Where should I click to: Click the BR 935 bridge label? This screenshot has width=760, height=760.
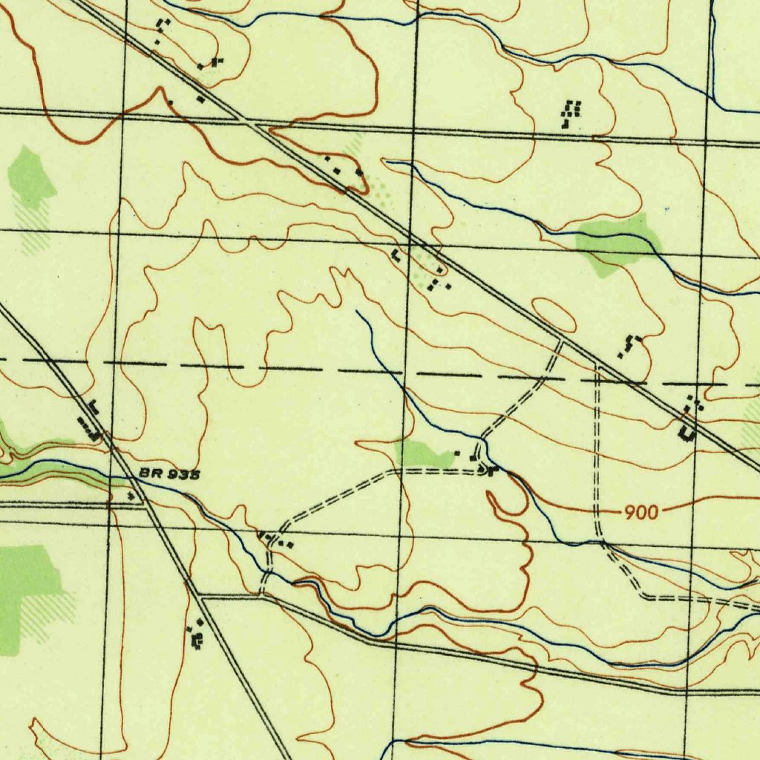click(169, 474)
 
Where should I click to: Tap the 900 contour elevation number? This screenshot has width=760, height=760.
click(640, 511)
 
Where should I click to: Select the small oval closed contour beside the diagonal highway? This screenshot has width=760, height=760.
click(554, 315)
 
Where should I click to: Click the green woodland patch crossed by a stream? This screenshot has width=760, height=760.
click(617, 243)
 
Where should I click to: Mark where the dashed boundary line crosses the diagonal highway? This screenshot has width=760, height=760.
click(628, 381)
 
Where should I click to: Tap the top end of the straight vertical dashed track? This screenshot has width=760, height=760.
click(598, 367)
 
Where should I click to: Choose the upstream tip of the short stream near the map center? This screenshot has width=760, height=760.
click(357, 312)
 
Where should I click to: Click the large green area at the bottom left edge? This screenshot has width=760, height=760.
click(26, 586)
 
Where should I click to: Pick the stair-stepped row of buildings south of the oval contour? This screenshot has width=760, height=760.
click(629, 345)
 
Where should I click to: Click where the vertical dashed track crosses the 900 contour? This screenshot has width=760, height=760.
click(598, 511)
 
